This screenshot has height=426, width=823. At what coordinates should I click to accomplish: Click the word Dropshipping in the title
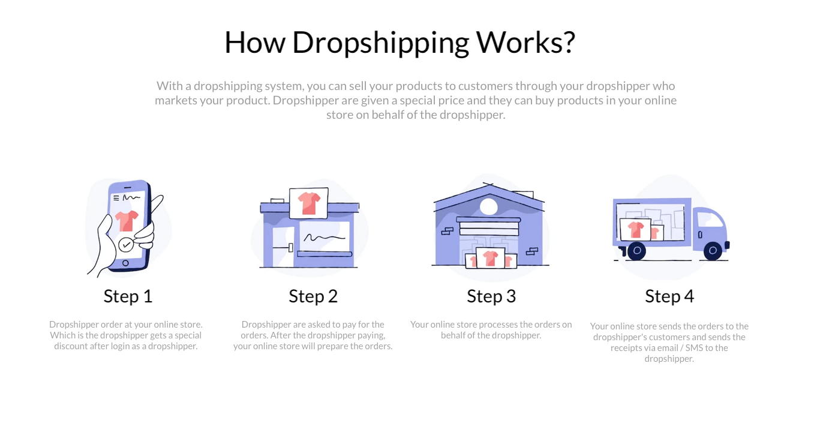[x=381, y=43]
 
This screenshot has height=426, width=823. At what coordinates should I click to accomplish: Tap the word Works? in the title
[x=525, y=42]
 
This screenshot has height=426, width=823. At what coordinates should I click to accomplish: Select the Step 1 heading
[x=128, y=296]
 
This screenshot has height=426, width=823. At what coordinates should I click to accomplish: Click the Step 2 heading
[x=313, y=296]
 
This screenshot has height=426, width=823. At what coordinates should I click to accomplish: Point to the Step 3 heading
[x=491, y=296]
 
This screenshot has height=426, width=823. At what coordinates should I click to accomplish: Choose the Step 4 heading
[x=669, y=296]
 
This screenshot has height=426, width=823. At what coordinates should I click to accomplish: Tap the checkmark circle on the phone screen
[x=125, y=245]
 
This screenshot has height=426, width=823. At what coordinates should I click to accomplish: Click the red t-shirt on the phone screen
[x=127, y=221]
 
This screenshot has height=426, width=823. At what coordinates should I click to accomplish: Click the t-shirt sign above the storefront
[x=308, y=203]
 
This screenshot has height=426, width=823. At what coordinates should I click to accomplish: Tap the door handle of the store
[x=290, y=248]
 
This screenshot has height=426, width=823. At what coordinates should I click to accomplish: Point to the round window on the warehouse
[x=489, y=207]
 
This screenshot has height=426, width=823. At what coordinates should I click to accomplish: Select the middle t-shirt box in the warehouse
[x=490, y=258]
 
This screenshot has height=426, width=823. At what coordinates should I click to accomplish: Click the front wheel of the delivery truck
[x=713, y=251]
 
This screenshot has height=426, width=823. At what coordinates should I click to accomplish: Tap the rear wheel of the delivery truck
[x=636, y=251]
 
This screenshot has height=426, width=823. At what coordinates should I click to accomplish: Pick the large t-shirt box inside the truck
[x=635, y=229]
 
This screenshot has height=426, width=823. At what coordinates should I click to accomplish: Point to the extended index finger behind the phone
[x=157, y=205]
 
